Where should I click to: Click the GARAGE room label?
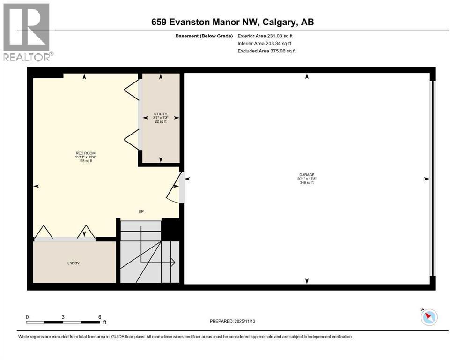[x=307, y=175]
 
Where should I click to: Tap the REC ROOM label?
[x=85, y=153]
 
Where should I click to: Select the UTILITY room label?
[x=161, y=113]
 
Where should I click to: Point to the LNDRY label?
[x=73, y=263]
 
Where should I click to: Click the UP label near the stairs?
[x=141, y=211]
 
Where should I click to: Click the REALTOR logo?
[x=27, y=32]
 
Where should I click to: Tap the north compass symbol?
[x=429, y=317]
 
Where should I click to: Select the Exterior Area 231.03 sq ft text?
[x=265, y=36]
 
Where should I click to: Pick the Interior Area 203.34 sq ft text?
[x=264, y=43]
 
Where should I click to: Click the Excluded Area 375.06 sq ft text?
[x=266, y=51]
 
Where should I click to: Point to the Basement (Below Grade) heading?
[x=204, y=36]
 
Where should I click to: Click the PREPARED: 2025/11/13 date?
[x=232, y=321]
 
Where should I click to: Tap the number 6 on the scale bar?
[x=100, y=317]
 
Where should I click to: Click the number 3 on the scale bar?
[x=63, y=317]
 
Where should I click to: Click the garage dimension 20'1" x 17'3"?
[x=307, y=179]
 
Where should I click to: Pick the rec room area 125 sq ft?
[x=85, y=161]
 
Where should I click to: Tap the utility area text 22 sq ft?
[x=161, y=121]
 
